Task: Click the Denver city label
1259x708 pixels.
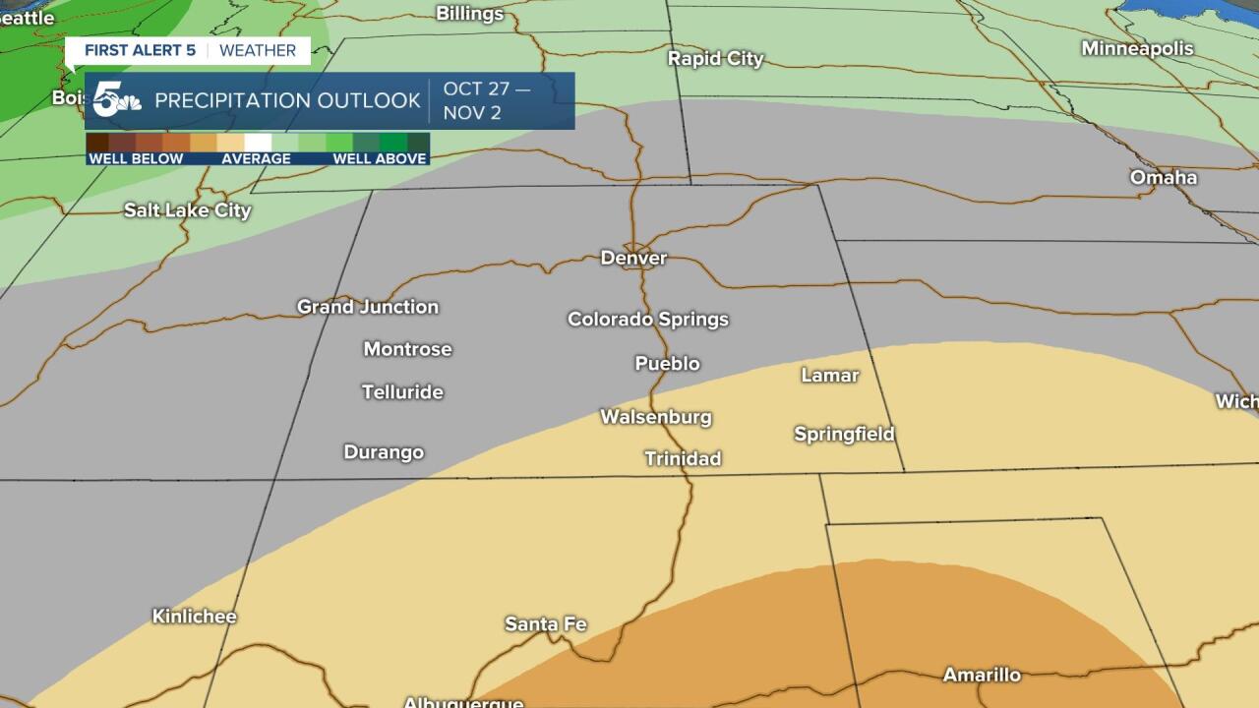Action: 633,259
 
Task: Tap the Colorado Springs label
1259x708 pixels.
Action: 647,320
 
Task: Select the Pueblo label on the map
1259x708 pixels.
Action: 667,364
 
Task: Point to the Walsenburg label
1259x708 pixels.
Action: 655,417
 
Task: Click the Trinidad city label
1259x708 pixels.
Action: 683,458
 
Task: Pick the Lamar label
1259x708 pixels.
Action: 829,376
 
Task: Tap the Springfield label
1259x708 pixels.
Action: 844,434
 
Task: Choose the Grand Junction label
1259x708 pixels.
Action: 368,307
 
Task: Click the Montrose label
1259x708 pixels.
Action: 407,349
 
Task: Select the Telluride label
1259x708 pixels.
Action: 402,392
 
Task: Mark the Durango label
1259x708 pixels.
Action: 384,452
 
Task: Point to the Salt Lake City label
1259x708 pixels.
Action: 187,210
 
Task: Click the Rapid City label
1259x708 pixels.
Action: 715,59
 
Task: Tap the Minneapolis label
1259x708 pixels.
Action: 1137,48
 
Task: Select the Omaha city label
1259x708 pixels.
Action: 1163,178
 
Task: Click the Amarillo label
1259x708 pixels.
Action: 981,675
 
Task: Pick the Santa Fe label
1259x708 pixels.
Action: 545,624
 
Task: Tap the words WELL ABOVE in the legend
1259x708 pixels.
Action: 379,158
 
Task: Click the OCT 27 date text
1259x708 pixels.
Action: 486,89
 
